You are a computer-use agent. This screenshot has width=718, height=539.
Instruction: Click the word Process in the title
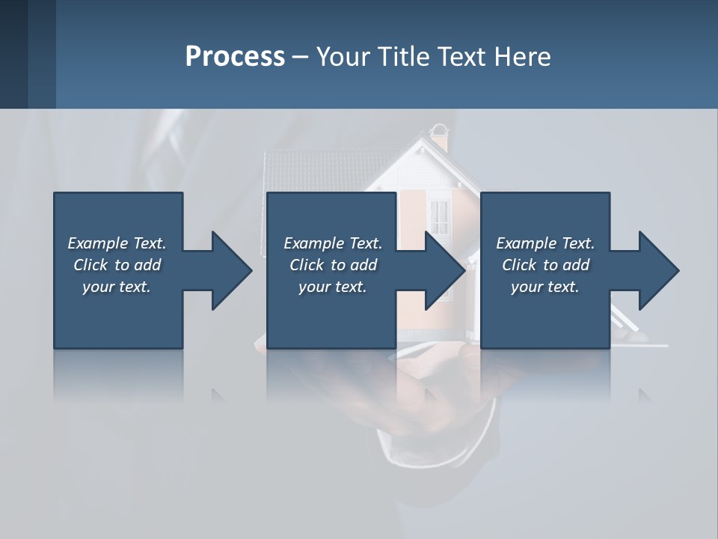coord(235,57)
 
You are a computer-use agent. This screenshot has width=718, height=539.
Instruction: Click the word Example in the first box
coord(98,243)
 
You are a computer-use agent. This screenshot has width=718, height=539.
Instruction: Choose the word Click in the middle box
coord(306,265)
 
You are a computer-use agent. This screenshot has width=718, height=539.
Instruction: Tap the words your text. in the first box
coord(117,287)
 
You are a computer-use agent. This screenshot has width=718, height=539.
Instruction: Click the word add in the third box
coord(576,265)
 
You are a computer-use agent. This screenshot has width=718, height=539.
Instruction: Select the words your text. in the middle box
coord(332,287)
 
